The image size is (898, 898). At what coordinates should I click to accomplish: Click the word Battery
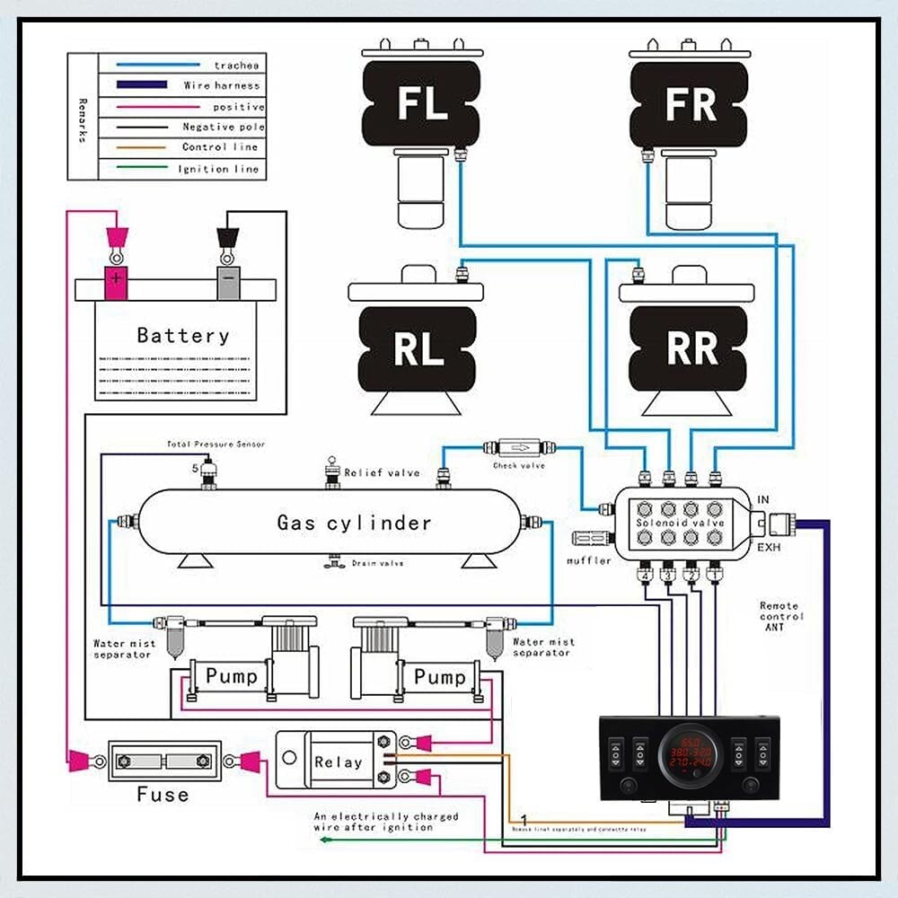pos(182,336)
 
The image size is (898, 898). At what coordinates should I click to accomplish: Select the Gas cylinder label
pos(354,523)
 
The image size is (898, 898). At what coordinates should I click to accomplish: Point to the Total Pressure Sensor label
pos(216,445)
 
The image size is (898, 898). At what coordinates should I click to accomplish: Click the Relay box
pos(337,762)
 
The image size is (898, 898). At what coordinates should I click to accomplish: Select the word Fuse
pos(163,795)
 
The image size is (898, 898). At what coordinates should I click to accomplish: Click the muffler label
pos(589,561)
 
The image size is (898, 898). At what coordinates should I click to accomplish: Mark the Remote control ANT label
pos(781,617)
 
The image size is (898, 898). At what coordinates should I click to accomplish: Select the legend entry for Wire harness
pos(222,86)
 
